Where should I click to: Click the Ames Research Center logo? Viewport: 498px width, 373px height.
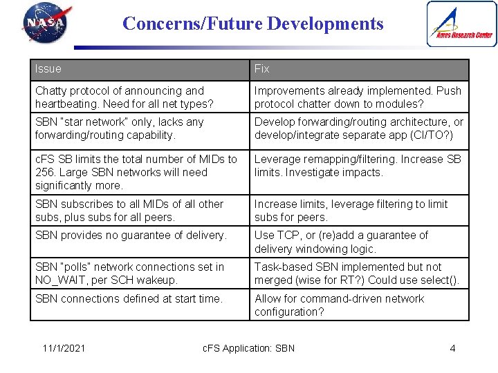[x=461, y=24]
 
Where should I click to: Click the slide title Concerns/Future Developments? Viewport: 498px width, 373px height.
[x=252, y=23]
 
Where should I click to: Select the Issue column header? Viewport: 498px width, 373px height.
[x=48, y=69]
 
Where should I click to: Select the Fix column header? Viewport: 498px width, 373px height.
[x=262, y=69]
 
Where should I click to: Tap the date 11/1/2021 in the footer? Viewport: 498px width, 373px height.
[x=63, y=347]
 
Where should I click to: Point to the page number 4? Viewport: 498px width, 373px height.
[x=452, y=347]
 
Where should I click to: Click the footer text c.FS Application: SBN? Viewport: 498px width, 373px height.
[x=248, y=347]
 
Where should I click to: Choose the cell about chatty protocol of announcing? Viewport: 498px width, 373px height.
[x=138, y=97]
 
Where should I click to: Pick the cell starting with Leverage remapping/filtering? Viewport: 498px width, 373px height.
[x=358, y=166]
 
